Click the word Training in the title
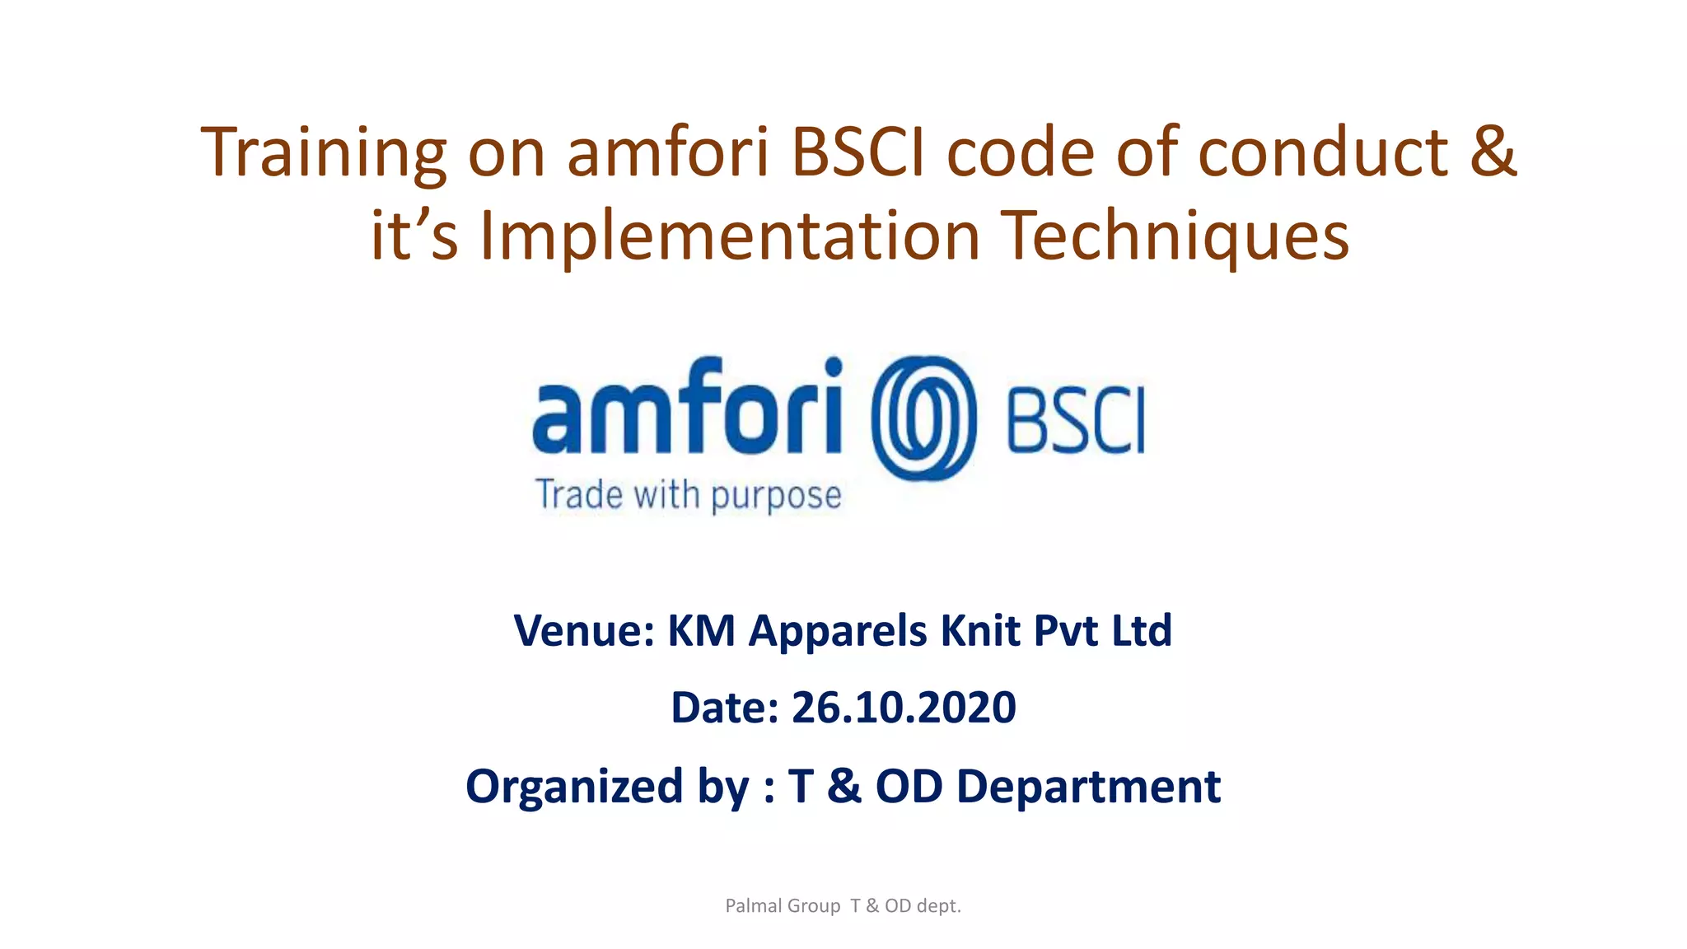[323, 153]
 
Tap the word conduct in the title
[1322, 153]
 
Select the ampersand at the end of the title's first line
[1492, 153]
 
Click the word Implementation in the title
[730, 236]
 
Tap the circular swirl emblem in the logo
[923, 418]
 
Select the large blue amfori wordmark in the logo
[688, 408]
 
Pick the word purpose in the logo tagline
[776, 496]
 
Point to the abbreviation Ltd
[1142, 631]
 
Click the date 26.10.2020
[904, 708]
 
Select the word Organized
[574, 787]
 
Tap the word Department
[1088, 787]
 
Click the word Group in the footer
[814, 906]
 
